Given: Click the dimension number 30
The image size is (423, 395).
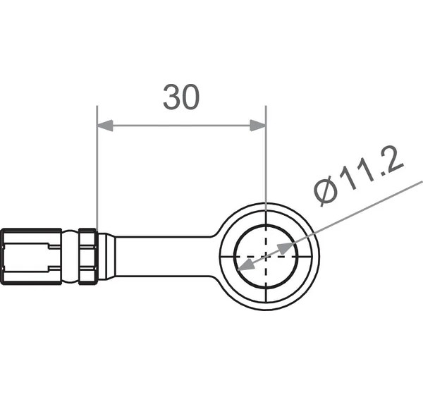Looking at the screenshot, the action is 181,97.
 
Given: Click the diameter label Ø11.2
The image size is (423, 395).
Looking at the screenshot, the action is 359,176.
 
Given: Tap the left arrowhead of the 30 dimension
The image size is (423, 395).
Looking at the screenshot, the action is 105,126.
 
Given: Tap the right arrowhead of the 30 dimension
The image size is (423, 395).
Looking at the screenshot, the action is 258,126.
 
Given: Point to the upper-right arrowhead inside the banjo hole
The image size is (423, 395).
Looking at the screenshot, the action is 285,248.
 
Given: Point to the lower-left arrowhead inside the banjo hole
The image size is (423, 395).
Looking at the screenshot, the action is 245,265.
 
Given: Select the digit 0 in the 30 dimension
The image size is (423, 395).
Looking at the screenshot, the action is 191,97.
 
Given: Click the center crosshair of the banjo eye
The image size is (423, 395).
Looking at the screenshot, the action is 266,256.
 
